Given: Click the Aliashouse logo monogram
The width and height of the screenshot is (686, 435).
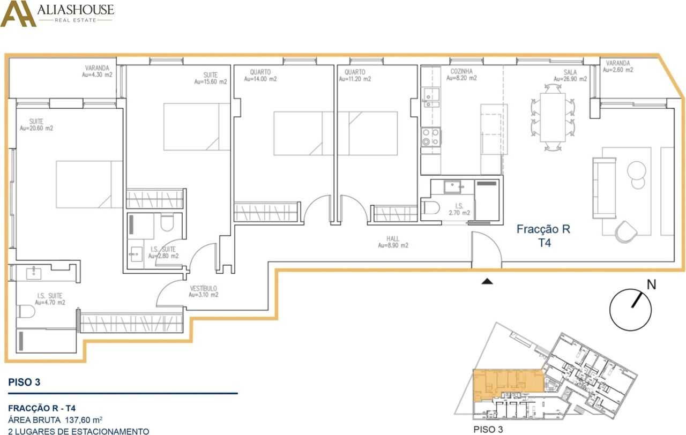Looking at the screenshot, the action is click(x=18, y=14).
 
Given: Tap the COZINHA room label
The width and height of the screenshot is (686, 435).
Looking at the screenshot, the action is click(x=461, y=71).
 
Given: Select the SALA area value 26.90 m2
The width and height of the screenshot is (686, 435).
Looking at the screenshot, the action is click(x=570, y=79).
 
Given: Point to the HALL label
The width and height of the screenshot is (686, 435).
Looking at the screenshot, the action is click(x=393, y=238).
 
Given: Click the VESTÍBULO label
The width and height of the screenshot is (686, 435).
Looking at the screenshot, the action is click(x=203, y=288).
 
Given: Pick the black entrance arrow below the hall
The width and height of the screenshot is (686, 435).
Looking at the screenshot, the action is click(x=487, y=281).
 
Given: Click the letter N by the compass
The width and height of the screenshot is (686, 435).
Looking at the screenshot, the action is click(x=651, y=284).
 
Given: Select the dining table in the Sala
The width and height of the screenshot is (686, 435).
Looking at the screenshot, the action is click(x=553, y=117).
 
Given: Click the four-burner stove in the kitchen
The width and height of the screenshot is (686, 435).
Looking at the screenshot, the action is click(x=431, y=137).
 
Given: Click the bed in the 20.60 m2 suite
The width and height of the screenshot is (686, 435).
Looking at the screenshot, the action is click(x=89, y=185).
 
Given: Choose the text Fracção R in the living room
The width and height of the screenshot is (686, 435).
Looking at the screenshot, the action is click(x=543, y=229).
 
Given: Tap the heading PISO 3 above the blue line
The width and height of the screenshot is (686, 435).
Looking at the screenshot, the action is click(x=24, y=382).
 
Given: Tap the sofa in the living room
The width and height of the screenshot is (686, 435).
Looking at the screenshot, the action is click(x=604, y=188).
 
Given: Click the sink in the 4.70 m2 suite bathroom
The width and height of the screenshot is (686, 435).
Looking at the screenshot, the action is click(x=34, y=273).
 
